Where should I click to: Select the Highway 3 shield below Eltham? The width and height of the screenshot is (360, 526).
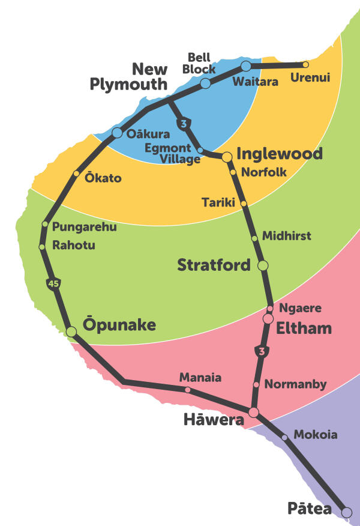(260, 351)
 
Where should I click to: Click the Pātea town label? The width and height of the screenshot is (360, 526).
(310, 509)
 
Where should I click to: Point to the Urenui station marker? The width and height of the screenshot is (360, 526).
(305, 64)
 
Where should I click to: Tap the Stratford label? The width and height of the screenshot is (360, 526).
(214, 265)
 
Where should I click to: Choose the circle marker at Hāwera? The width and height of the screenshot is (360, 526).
(253, 413)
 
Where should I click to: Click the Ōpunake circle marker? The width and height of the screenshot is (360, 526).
(71, 331)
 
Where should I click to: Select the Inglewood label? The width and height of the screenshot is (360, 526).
(280, 153)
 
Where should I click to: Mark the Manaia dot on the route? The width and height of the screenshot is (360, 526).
(188, 390)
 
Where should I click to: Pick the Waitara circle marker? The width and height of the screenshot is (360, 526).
(246, 65)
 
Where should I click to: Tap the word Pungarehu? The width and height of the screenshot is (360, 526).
(85, 227)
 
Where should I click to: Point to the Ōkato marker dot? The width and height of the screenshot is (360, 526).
(76, 174)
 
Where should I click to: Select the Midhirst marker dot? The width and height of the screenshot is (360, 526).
(254, 238)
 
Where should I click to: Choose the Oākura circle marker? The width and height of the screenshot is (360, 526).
(117, 133)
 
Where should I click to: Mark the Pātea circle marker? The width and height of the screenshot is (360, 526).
(346, 512)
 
